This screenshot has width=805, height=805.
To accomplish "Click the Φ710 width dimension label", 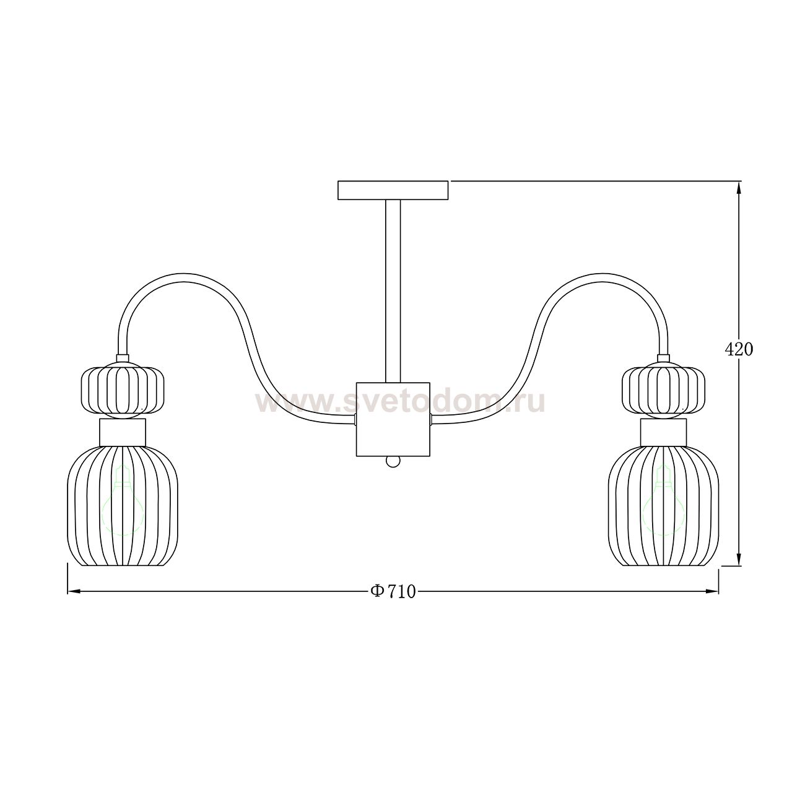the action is click(393, 591).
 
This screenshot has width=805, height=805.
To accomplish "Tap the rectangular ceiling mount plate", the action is click(393, 190).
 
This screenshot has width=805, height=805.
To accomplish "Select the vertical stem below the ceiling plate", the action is click(393, 291).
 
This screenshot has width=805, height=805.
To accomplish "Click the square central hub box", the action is click(393, 419).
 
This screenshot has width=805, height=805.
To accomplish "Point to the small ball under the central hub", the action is click(393, 461).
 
